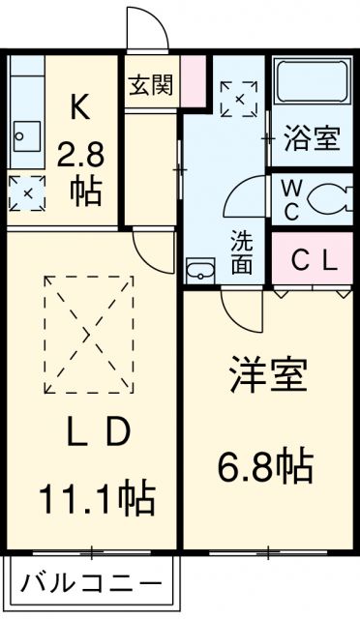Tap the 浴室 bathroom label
[x=313, y=139]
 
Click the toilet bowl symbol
[x=331, y=197]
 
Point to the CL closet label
[x=314, y=259]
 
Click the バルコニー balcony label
[x=91, y=585]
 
